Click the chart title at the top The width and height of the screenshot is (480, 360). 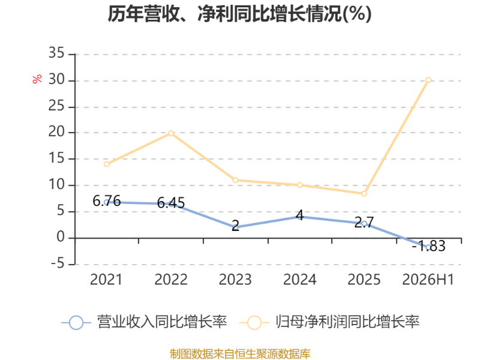[239, 14]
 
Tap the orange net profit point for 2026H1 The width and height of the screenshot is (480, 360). [428, 80]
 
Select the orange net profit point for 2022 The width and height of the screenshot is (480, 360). [171, 133]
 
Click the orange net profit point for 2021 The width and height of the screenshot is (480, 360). [107, 164]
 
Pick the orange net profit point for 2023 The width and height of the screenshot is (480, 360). [235, 181]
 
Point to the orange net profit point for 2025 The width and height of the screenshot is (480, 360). [364, 194]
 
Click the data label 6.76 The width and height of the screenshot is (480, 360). [107, 201]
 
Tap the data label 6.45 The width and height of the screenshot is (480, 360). [171, 203]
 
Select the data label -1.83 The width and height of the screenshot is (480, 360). [428, 246]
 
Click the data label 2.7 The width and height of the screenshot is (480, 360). [364, 222]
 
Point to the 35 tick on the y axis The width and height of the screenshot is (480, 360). [56, 53]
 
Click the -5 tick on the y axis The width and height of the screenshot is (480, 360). [58, 263]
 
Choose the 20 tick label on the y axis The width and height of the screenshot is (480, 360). [56, 132]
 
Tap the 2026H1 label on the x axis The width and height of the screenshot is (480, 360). [428, 280]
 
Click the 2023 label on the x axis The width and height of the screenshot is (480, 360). [235, 280]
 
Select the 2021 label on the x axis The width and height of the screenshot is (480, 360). [106, 280]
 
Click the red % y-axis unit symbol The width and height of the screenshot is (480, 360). [37, 79]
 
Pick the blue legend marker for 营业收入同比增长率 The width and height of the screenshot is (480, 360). [76, 323]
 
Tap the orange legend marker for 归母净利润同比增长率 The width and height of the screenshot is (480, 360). [254, 323]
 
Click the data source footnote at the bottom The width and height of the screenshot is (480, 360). [240, 354]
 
